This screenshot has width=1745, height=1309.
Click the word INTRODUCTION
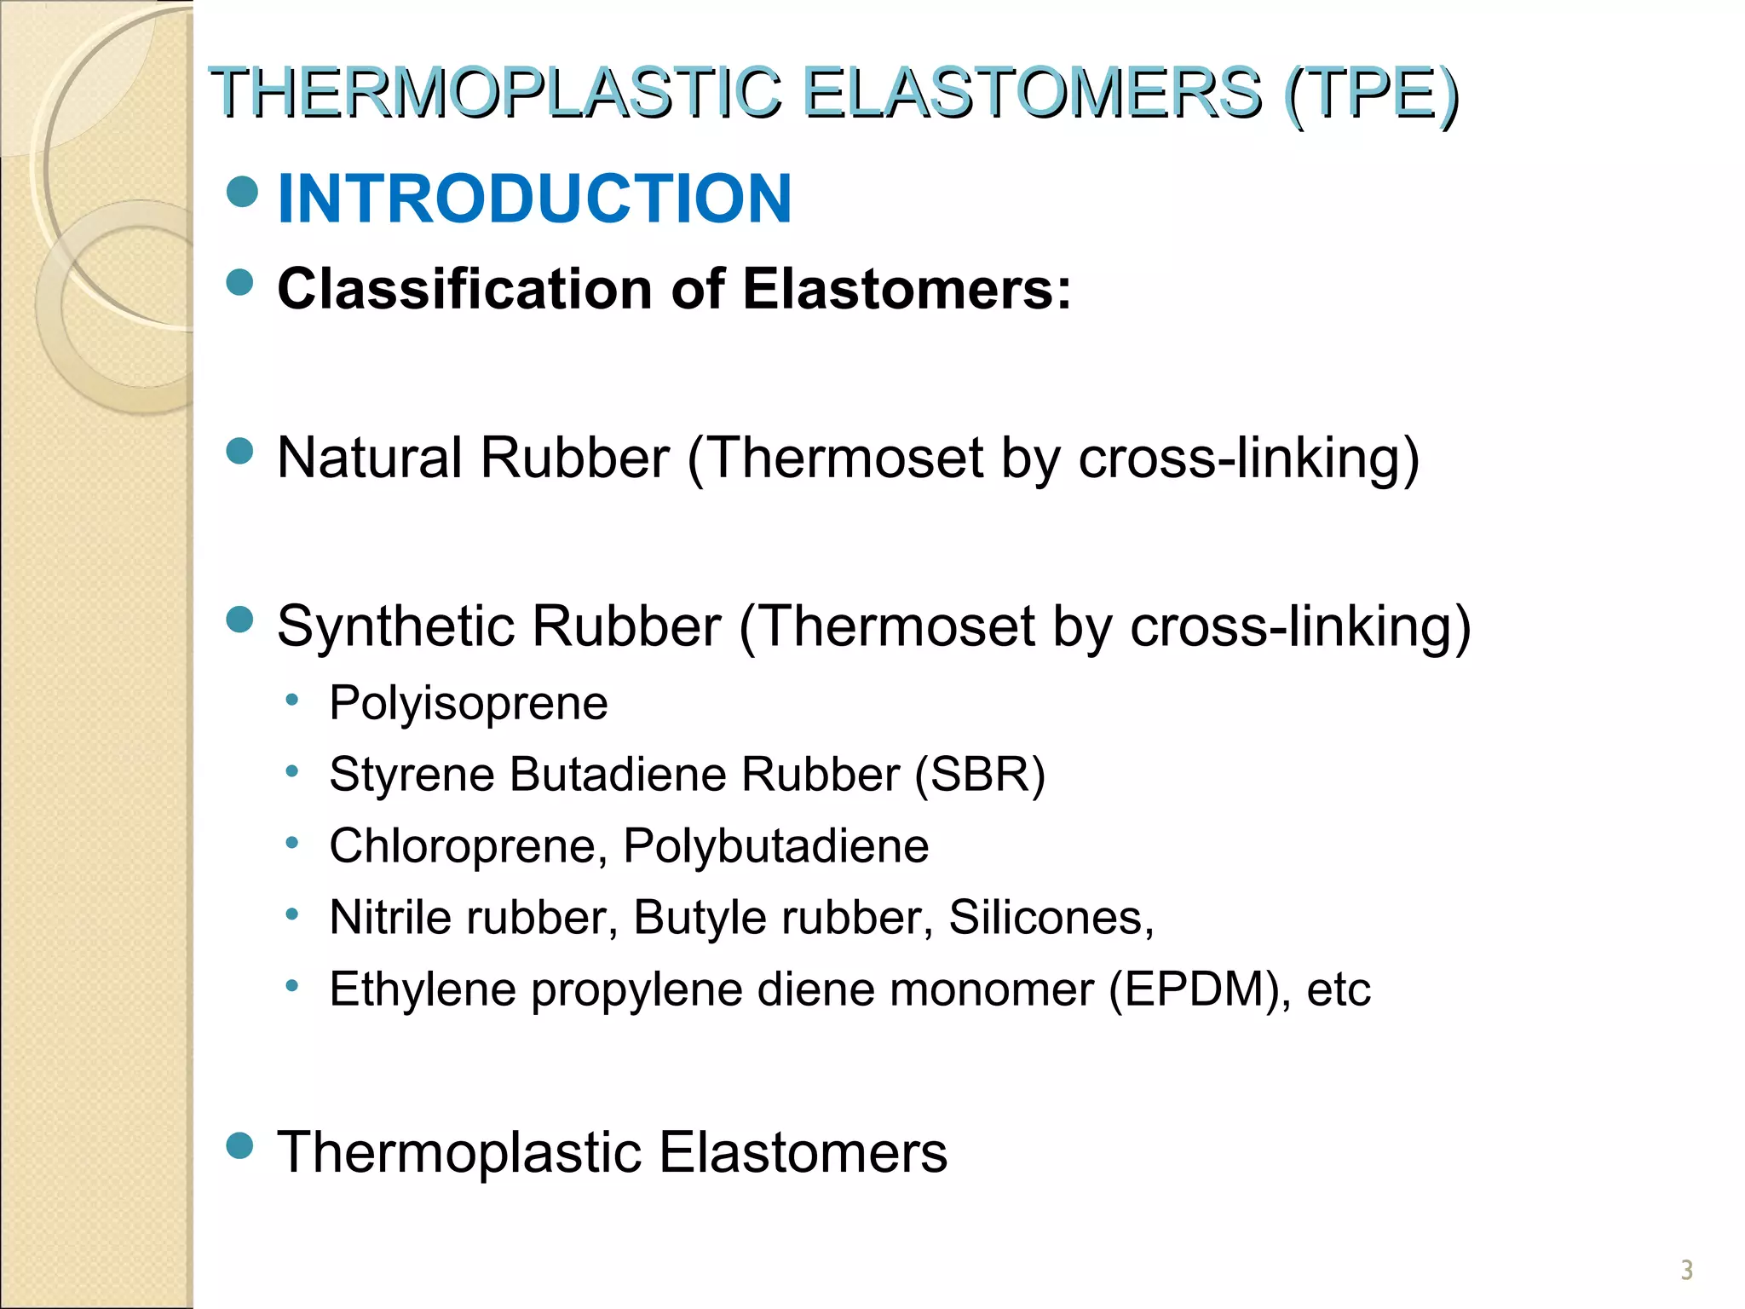click(x=534, y=199)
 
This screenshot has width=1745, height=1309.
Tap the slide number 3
click(x=1686, y=1270)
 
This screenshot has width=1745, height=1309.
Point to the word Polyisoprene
click(x=469, y=704)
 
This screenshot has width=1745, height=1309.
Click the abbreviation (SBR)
click(x=980, y=775)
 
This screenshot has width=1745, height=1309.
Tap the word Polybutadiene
click(x=775, y=846)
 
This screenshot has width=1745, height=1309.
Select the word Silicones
click(x=1051, y=918)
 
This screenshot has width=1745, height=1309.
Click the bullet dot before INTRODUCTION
click(x=242, y=193)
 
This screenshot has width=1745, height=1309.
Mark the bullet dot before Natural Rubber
click(x=241, y=451)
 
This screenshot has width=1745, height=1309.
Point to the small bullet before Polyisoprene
click(x=292, y=700)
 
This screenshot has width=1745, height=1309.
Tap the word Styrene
click(x=411, y=775)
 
